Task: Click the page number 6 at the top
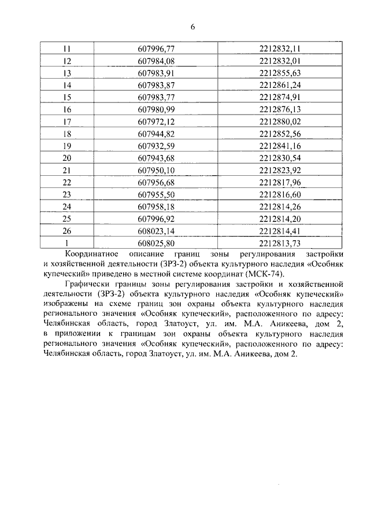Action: (x=193, y=27)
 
